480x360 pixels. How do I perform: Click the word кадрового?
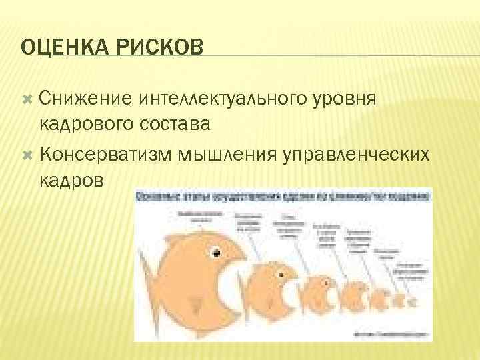click(x=88, y=123)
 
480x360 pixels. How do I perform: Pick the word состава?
click(x=177, y=123)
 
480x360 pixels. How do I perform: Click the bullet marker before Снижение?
click(x=27, y=99)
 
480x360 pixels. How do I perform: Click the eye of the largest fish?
click(x=217, y=252)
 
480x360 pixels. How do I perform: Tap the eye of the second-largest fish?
click(x=285, y=275)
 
